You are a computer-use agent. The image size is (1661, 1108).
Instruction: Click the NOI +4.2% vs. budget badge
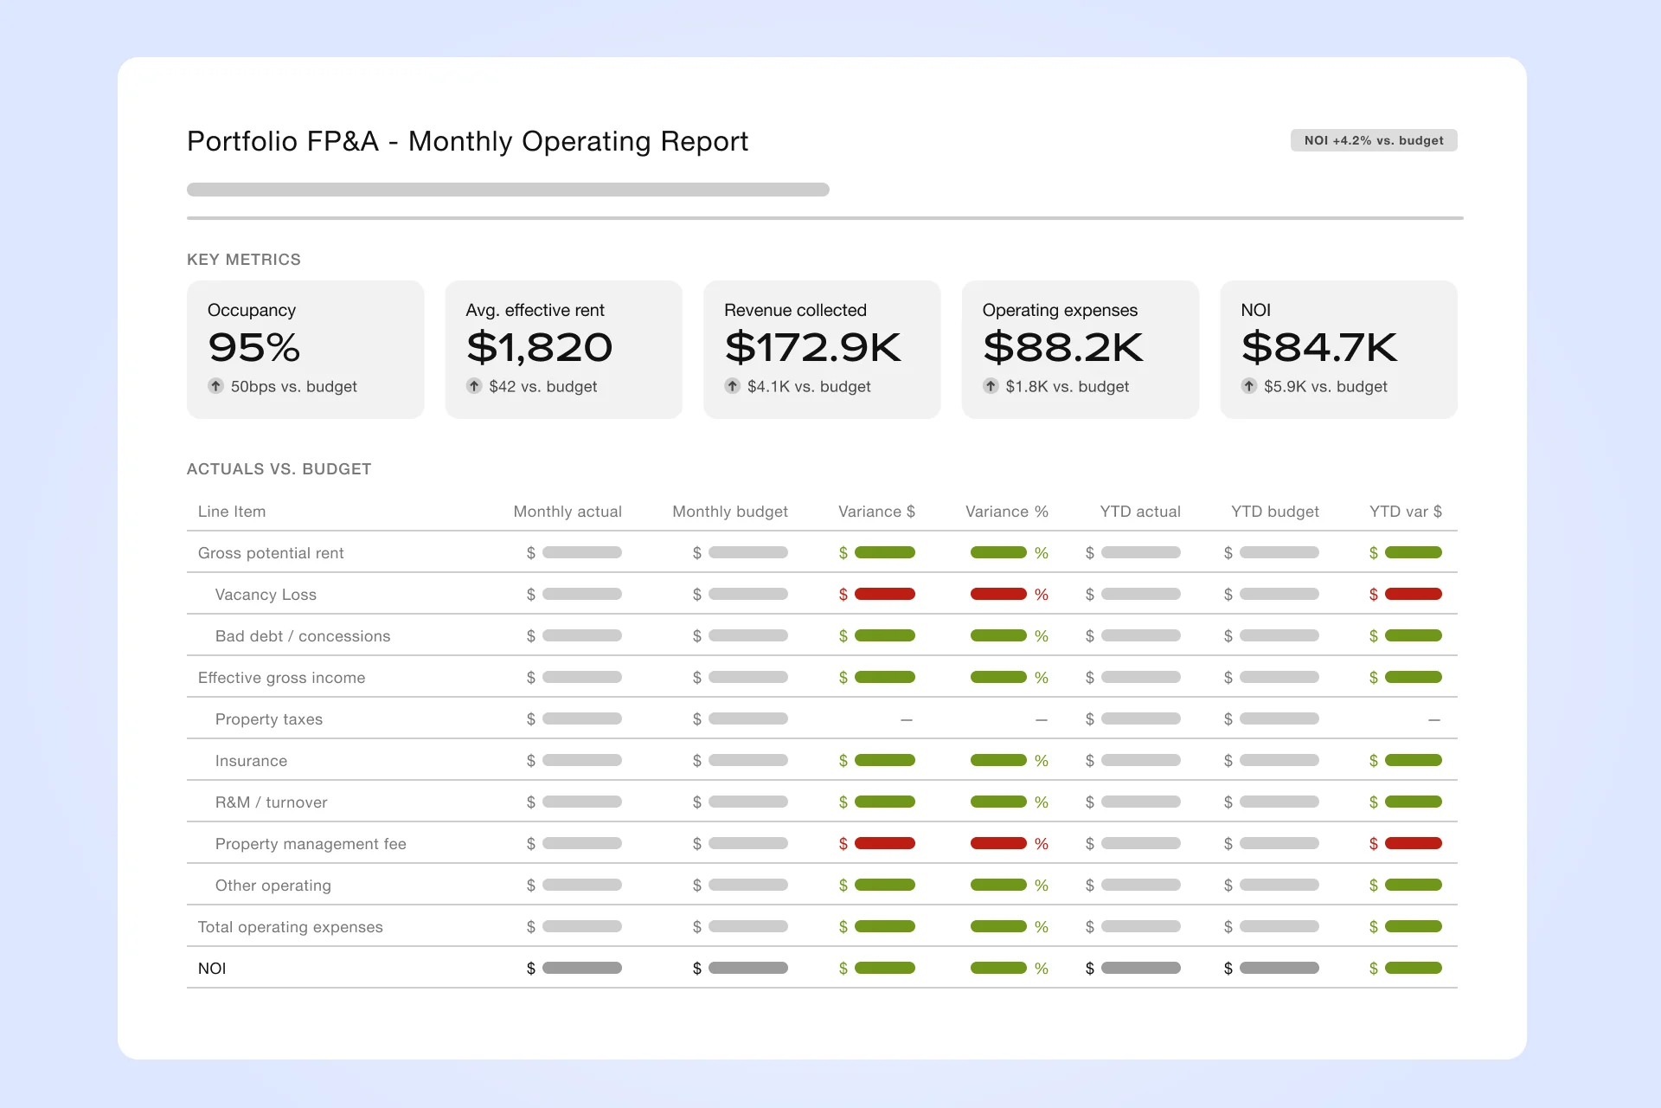click(1374, 140)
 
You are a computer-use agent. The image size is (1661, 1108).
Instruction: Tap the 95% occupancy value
click(254, 348)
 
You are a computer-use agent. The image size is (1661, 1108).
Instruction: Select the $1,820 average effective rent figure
click(539, 348)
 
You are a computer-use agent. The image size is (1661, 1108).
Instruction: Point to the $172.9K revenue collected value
click(813, 348)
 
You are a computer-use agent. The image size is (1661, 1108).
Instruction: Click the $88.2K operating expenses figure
click(1063, 348)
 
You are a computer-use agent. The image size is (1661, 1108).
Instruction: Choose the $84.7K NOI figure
click(1319, 348)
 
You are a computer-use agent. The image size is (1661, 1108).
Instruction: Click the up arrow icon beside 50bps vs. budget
click(216, 386)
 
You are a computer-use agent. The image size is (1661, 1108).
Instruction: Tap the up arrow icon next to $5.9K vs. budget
click(1249, 386)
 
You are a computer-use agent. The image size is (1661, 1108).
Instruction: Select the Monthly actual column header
click(568, 512)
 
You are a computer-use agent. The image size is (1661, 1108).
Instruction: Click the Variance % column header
click(1007, 512)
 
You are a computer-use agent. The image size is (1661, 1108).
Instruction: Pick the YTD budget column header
click(1275, 512)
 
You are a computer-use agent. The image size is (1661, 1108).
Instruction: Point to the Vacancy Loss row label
click(266, 595)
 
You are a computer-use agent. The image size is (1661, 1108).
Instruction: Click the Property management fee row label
click(311, 844)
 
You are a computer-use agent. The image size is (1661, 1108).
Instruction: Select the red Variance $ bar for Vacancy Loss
click(885, 594)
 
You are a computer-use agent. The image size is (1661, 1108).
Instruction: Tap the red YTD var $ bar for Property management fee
click(1414, 843)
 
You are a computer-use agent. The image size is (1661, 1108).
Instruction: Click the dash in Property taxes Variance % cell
click(1042, 719)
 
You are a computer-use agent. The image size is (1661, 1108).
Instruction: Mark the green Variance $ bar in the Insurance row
click(885, 760)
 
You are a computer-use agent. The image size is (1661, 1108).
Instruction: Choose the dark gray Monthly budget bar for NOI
click(748, 968)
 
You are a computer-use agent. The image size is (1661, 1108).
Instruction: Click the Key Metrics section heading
click(244, 260)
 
